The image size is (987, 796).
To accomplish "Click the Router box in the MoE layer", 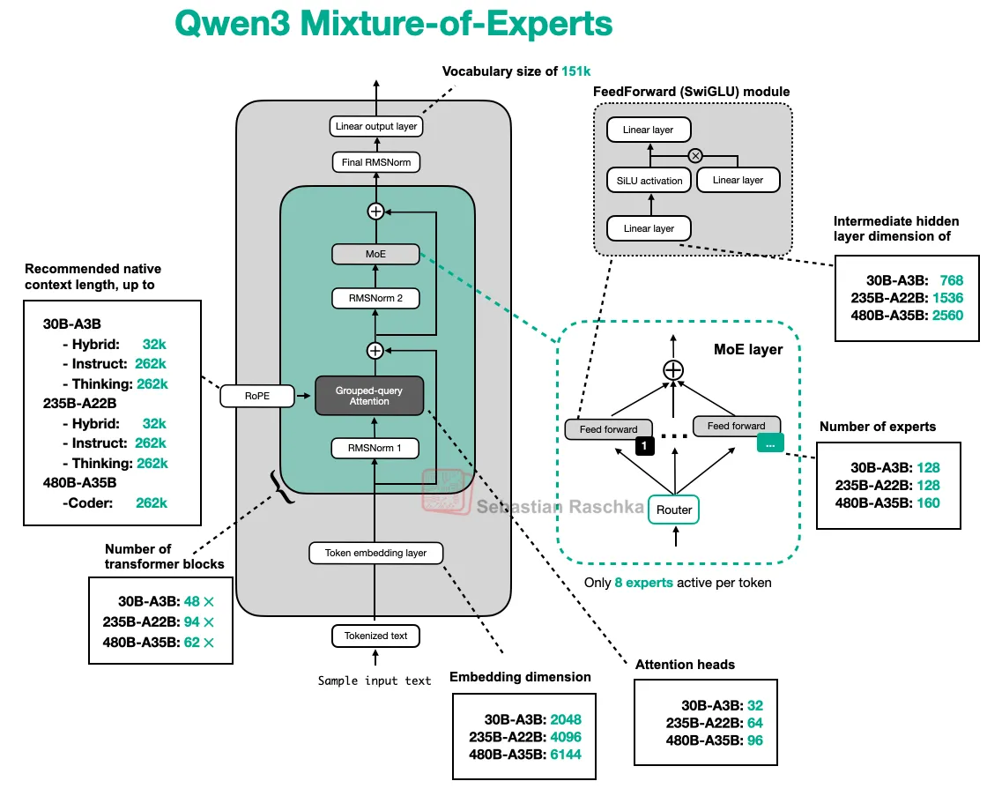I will (674, 510).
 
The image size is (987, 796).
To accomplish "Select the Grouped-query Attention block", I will (369, 396).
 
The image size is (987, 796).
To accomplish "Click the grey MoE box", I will (375, 254).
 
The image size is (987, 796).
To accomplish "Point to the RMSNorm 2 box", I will (375, 298).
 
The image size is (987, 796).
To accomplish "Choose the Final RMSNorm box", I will (375, 162).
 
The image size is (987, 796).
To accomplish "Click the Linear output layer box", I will (376, 126).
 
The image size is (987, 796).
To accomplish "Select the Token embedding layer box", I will (375, 553).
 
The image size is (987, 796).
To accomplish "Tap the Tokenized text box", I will (375, 635).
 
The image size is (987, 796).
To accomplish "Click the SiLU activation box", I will (649, 181).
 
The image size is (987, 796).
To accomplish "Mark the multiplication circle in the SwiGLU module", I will (695, 155).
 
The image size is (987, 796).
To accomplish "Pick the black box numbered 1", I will (645, 447).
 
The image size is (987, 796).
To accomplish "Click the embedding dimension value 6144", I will (564, 754).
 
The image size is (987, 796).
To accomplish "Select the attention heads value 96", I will (754, 740).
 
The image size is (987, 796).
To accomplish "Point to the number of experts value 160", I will (928, 503).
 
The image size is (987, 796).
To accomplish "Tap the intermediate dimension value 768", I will (952, 279).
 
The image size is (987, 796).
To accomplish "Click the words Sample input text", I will (375, 681).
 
